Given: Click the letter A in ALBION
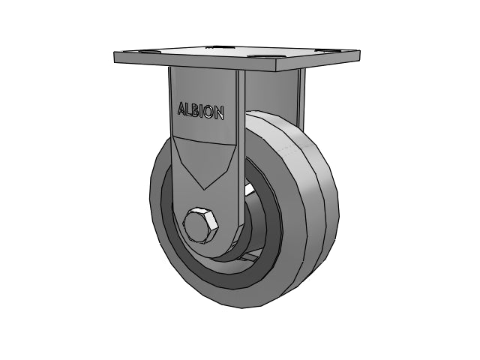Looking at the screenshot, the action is pos(181,109).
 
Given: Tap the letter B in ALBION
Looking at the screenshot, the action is pos(196,111).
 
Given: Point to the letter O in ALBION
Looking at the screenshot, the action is pos(208,112).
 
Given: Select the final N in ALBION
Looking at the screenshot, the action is pos(219,113).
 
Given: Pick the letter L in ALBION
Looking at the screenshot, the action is pos(188,110).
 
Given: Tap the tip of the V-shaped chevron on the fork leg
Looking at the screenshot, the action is pos(204,190).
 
